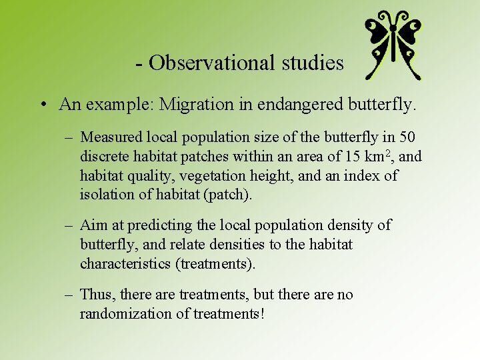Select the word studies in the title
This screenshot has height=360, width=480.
312,63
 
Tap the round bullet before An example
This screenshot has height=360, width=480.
42,105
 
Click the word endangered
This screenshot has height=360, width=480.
307,105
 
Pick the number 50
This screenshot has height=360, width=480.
407,137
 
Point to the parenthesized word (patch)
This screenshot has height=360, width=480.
231,195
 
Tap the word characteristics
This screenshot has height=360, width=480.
125,264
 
